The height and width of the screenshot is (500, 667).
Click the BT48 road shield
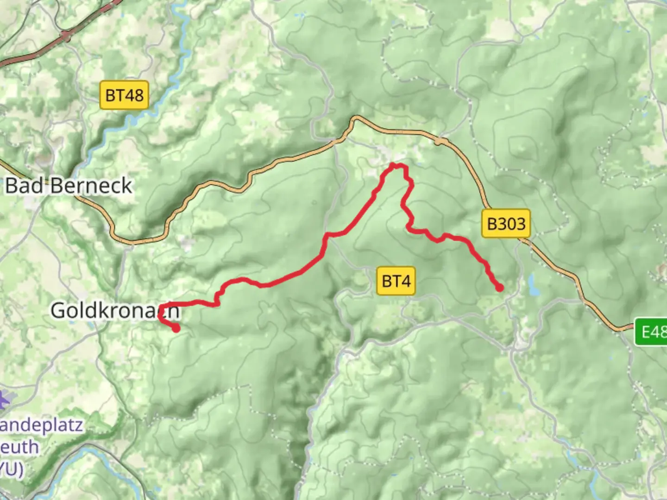[x=125, y=95]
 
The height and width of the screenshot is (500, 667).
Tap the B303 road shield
[x=506, y=224]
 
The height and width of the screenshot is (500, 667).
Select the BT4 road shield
[x=396, y=281]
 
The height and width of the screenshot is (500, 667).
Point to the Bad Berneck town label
[x=69, y=186]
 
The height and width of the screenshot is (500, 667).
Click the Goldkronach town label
[x=114, y=310]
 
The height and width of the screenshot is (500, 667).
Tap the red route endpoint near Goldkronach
[x=176, y=328]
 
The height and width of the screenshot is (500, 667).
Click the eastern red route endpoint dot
[x=499, y=287]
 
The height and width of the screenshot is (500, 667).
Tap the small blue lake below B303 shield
[x=533, y=285]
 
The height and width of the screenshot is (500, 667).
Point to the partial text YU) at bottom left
[x=11, y=469]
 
